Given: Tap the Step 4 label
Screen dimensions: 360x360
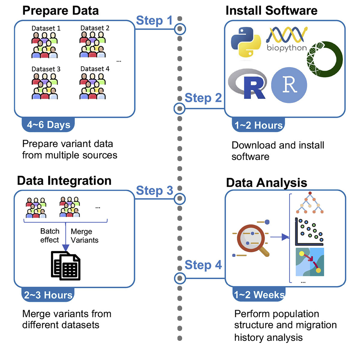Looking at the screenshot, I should coord(203,265).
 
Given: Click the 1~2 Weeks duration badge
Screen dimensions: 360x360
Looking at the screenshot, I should coord(258,295).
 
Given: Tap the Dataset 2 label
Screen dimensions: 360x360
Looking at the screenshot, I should coord(95,28).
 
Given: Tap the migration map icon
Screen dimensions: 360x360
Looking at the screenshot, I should coord(309,262).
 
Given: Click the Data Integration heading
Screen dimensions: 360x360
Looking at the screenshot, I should coord(64,180).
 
